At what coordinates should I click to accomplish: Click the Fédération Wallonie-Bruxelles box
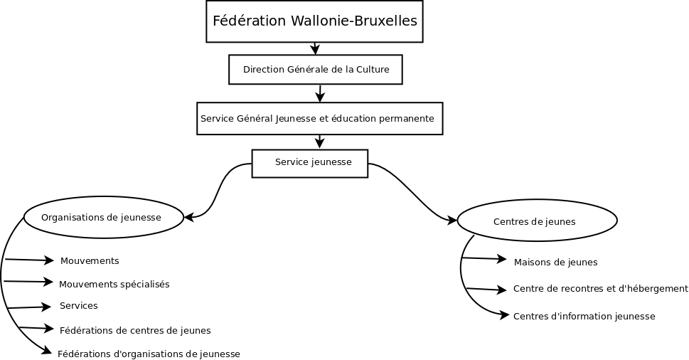pos(315,21)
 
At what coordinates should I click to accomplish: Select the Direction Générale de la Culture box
pos(315,70)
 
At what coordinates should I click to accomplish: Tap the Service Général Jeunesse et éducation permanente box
pos(319,118)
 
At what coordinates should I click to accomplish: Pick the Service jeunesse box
pos(310,163)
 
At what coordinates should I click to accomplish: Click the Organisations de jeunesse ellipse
pos(104,217)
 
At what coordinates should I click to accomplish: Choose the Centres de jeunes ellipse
pos(537,221)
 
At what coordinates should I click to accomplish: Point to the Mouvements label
pos(90,261)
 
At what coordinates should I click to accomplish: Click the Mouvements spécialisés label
pos(114,285)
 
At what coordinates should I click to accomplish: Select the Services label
pos(79,306)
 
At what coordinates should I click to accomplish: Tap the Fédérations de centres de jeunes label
pos(135,330)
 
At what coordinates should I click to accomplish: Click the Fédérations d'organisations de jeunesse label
pos(149,354)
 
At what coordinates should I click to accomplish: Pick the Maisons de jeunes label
pos(555,263)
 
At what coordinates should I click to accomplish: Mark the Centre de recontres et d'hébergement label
pos(600,289)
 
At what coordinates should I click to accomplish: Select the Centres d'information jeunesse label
pos(584,316)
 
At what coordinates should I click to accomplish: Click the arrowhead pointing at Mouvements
pos(49,261)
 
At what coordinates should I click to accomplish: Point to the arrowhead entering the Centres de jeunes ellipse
pos(452,221)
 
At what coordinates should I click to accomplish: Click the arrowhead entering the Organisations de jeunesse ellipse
pos(189,216)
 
